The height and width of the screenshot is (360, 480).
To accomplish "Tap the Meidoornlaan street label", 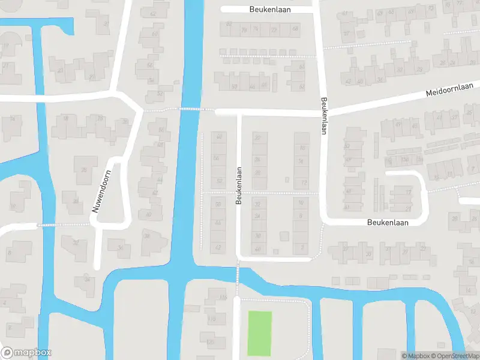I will click(x=449, y=90).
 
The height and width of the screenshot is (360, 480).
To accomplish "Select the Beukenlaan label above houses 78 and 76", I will click(x=268, y=10).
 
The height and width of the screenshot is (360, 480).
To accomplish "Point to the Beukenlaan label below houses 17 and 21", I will click(x=387, y=222).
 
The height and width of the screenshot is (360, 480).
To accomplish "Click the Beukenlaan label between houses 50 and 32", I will click(x=239, y=185).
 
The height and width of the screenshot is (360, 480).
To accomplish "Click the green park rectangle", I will click(x=260, y=333).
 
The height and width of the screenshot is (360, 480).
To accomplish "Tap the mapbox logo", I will click(x=26, y=353).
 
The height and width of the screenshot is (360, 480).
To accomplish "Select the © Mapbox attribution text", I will click(x=416, y=356).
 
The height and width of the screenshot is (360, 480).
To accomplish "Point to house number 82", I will click(x=229, y=24).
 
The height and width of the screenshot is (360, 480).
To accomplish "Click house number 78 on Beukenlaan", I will click(x=244, y=29).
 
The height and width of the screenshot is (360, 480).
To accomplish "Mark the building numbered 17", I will click(x=408, y=193).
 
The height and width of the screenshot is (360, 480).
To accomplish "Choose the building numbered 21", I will click(x=409, y=208).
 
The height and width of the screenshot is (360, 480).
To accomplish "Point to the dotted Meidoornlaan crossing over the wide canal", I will click(x=190, y=109).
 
